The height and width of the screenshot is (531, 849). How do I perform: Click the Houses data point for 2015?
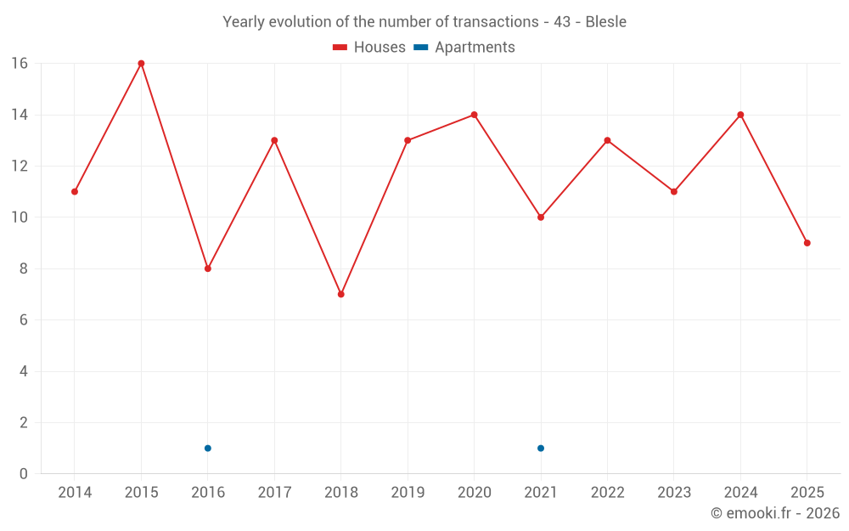(141, 64)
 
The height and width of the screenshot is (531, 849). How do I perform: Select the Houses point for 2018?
(341, 294)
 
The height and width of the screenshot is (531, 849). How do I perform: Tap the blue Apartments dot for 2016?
(208, 448)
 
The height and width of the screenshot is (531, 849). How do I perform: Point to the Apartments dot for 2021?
(541, 448)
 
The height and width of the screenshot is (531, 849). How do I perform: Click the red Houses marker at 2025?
(807, 243)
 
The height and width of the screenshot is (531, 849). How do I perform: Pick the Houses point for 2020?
(475, 115)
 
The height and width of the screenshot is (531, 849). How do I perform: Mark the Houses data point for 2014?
(75, 192)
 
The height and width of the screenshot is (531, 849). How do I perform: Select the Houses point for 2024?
(740, 115)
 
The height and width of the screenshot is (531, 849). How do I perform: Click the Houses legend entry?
(368, 47)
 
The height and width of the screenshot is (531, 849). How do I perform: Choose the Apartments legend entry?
(464, 47)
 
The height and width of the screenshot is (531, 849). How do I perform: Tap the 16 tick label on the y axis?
(20, 64)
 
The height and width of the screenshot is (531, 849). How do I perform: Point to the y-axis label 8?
(23, 268)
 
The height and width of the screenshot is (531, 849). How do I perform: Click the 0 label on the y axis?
(23, 473)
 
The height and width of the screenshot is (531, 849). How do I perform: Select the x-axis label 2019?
(408, 492)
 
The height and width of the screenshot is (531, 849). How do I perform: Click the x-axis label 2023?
(674, 492)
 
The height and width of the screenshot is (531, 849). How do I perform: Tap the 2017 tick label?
(274, 492)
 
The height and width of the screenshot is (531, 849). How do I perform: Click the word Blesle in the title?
(606, 22)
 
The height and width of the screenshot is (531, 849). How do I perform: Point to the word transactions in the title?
(496, 22)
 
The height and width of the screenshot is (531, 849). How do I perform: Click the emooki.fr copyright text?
(775, 512)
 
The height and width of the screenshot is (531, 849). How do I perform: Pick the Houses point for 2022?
(608, 140)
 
